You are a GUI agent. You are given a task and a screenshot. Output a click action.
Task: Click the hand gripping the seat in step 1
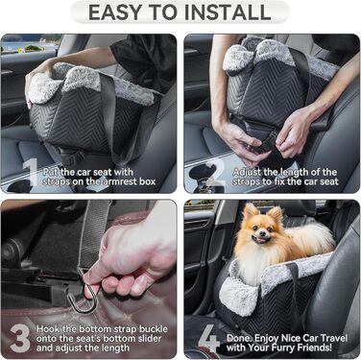coord(38,77)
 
